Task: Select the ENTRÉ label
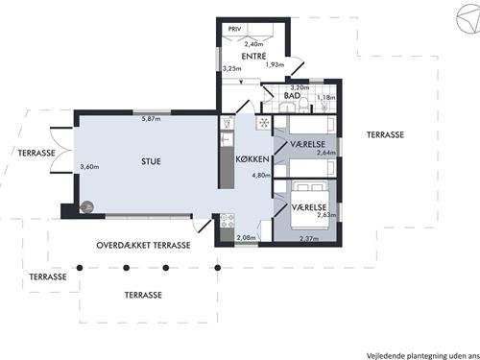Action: [253, 57]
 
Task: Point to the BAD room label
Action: [293, 97]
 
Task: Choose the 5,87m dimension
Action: [151, 118]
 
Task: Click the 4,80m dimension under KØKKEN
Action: [260, 176]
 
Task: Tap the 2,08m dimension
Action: [246, 237]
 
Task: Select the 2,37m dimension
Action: [309, 238]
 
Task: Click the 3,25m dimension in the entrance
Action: [231, 69]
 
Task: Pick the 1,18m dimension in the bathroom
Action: [325, 97]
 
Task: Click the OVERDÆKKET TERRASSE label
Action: [143, 246]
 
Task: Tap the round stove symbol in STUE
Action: [86, 205]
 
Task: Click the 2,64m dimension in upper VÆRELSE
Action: [325, 153]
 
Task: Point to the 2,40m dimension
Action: [253, 44]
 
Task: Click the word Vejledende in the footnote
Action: [381, 352]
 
